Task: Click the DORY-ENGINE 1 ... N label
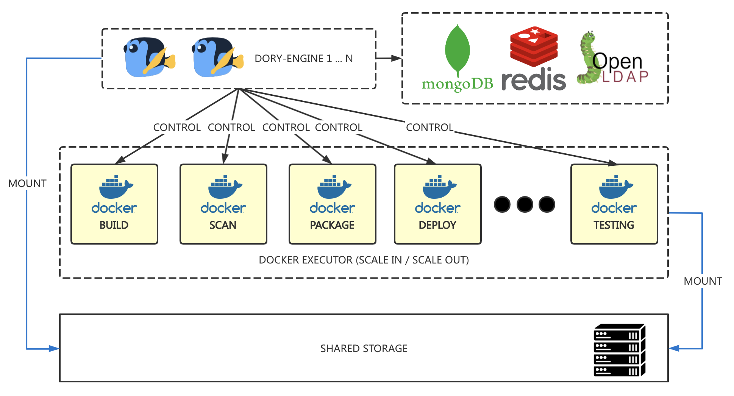(303, 59)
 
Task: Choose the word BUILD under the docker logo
(114, 225)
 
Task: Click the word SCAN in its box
(223, 225)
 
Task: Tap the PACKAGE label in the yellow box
(332, 225)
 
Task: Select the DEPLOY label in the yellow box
(437, 225)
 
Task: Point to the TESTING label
(614, 225)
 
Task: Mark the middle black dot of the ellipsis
(525, 204)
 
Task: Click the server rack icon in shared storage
(619, 350)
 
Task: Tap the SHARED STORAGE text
(364, 348)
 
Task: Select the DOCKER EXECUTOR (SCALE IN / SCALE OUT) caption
(364, 260)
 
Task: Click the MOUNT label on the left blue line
(27, 184)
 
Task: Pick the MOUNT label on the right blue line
(703, 281)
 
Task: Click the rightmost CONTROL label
(429, 128)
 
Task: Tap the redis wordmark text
(534, 80)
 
